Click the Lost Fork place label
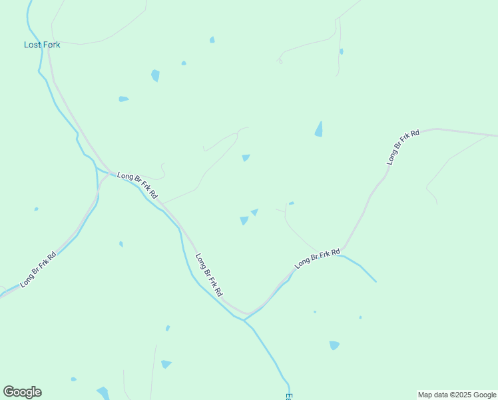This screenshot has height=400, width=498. coord(42,45)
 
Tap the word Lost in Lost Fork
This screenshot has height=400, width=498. coord(33,45)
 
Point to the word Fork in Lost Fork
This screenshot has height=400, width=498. coord(51,45)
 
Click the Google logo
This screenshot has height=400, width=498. coord(22,392)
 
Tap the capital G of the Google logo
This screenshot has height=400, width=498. coord(9,391)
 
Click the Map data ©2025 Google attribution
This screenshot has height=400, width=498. coord(457,395)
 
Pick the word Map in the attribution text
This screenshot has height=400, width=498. coord(425,395)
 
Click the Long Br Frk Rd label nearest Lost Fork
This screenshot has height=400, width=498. coord(137,185)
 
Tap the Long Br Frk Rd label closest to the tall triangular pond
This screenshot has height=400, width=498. coord(403,147)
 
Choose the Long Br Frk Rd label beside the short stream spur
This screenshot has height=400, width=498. coord(318,258)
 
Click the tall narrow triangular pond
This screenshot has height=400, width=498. coord(319,129)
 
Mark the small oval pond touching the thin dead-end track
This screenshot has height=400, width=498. coord(342,51)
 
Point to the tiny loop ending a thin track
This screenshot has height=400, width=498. coord(280,62)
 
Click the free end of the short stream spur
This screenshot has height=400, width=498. coord(375,281)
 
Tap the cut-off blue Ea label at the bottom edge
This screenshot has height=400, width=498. coord(289,396)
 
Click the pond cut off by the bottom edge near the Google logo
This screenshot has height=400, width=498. coord(103,393)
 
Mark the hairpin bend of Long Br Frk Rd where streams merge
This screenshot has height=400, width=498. coord(247,314)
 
